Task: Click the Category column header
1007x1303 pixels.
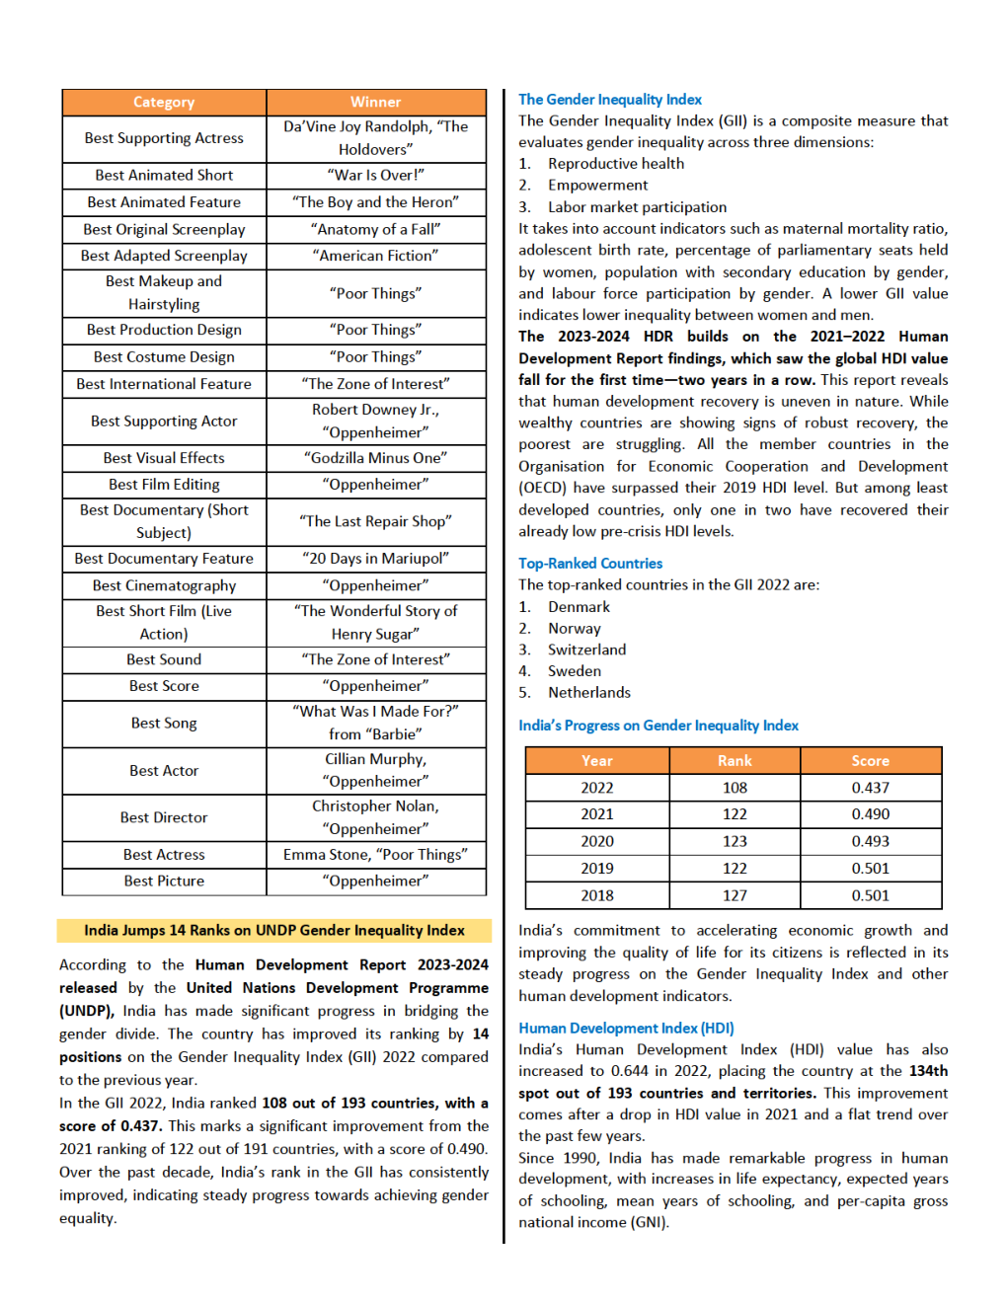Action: (x=164, y=102)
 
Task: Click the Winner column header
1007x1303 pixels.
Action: (x=375, y=102)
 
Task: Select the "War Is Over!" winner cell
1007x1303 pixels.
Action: (x=375, y=175)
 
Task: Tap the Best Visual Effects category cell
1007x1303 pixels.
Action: (x=164, y=458)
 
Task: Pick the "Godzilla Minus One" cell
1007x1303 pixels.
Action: (x=375, y=458)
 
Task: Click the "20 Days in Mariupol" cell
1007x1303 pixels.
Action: (x=375, y=559)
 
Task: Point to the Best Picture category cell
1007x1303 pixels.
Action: (x=164, y=881)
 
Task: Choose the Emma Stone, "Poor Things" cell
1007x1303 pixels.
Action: (x=375, y=854)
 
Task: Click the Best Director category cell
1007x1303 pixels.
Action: (x=164, y=817)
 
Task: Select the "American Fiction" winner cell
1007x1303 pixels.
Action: (x=375, y=256)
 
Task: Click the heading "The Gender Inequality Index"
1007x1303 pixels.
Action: (x=610, y=100)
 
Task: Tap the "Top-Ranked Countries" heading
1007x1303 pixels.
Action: (x=590, y=564)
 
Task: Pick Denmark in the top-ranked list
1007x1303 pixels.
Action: (x=579, y=607)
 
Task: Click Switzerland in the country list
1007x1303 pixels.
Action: (x=586, y=650)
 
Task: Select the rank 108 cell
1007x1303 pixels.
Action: (x=735, y=788)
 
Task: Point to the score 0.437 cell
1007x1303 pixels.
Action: (x=870, y=788)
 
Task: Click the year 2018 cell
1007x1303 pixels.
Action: (x=596, y=895)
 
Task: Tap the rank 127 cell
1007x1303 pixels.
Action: (x=735, y=895)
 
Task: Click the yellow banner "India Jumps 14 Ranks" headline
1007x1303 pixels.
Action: (x=273, y=930)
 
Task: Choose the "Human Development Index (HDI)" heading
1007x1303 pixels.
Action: (x=626, y=1029)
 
